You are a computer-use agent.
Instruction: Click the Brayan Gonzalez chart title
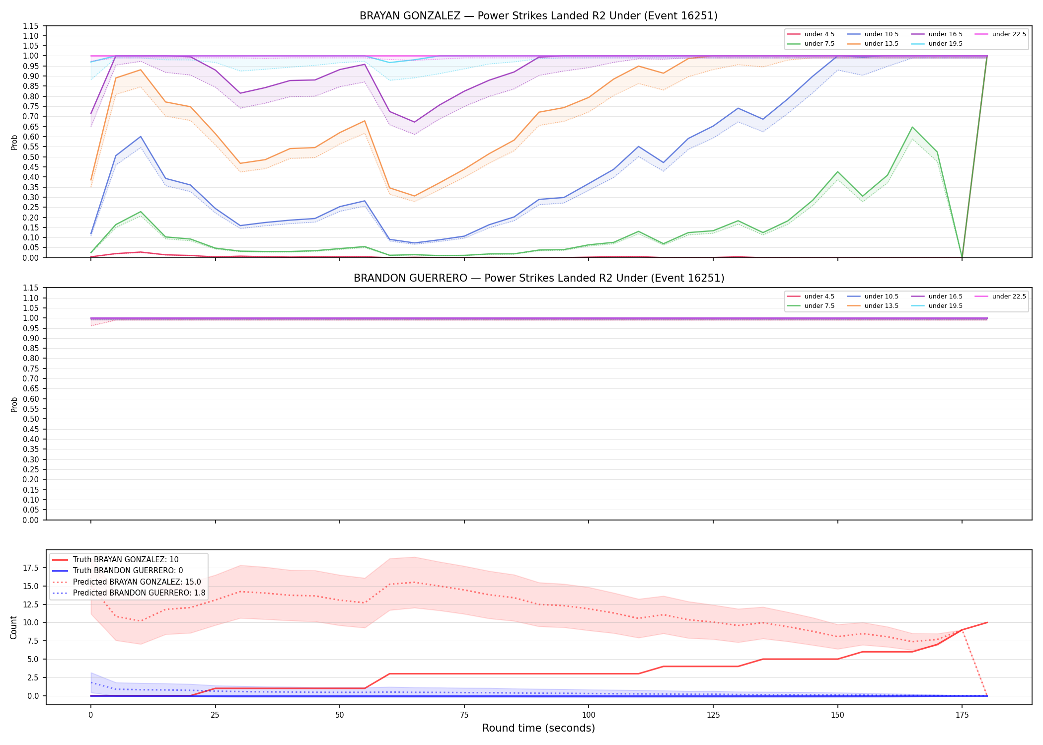pyautogui.click(x=538, y=16)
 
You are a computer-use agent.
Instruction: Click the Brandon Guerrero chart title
pyautogui.click(x=539, y=278)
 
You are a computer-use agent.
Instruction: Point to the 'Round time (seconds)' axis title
pyautogui.click(x=538, y=728)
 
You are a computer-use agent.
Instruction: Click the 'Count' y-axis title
pyautogui.click(x=13, y=627)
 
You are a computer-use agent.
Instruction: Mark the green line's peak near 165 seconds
pyautogui.click(x=912, y=127)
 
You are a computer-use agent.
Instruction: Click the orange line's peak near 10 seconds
pyautogui.click(x=141, y=70)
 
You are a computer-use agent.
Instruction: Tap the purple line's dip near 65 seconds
pyautogui.click(x=414, y=122)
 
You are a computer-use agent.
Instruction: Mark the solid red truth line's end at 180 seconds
pyautogui.click(x=987, y=622)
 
